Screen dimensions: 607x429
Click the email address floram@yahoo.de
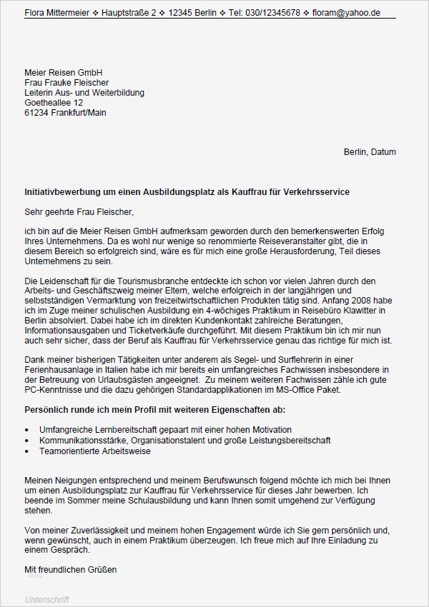coord(348,13)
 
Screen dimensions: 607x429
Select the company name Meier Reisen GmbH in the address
coord(63,73)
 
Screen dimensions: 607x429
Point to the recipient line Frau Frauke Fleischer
coord(66,83)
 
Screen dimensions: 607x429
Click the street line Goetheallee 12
coord(54,103)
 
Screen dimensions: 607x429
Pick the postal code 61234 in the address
coord(36,113)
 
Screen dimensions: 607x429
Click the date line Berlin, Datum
coord(370,152)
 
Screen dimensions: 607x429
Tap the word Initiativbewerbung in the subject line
coord(61,193)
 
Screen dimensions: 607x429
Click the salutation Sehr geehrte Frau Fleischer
coord(79,212)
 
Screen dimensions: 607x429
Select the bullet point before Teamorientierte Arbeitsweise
coord(27,451)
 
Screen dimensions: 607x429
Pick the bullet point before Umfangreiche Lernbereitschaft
coord(27,431)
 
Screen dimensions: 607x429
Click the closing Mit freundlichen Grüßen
coord(70,570)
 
